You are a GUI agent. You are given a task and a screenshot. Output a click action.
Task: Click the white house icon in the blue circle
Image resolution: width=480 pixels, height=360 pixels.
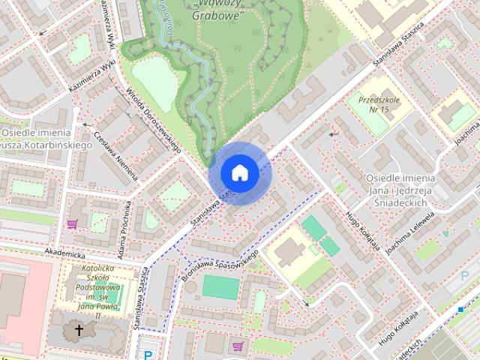[x=239, y=172]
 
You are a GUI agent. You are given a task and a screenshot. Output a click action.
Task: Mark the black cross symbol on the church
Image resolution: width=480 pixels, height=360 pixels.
[x=78, y=330]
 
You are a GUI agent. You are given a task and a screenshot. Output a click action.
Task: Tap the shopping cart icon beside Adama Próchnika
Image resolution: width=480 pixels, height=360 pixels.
[x=73, y=223]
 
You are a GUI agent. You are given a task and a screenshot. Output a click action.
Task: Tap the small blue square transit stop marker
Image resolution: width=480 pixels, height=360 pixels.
[x=460, y=309]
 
